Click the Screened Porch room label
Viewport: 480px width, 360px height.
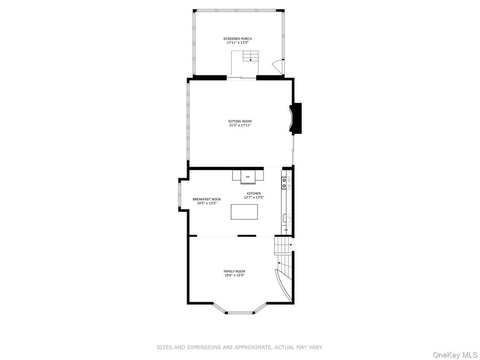[238, 39]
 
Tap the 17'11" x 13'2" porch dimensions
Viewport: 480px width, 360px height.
[238, 43]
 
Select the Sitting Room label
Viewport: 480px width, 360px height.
[240, 121]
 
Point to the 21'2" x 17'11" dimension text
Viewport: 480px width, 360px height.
[240, 125]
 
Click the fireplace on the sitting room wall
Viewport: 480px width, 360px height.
[296, 119]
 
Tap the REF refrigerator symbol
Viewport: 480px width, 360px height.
[248, 177]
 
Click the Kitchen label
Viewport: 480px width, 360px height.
[254, 193]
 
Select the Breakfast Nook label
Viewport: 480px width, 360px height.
[206, 199]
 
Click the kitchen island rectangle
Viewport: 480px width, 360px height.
[244, 212]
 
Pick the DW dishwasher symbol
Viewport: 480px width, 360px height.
[286, 230]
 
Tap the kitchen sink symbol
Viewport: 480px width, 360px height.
[287, 218]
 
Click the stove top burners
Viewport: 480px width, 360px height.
[287, 183]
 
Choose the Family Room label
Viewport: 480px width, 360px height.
[234, 271]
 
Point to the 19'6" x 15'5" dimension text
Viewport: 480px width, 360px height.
[234, 275]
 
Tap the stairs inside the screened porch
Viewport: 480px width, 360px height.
[251, 56]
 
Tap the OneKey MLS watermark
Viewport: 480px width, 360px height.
[455, 355]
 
